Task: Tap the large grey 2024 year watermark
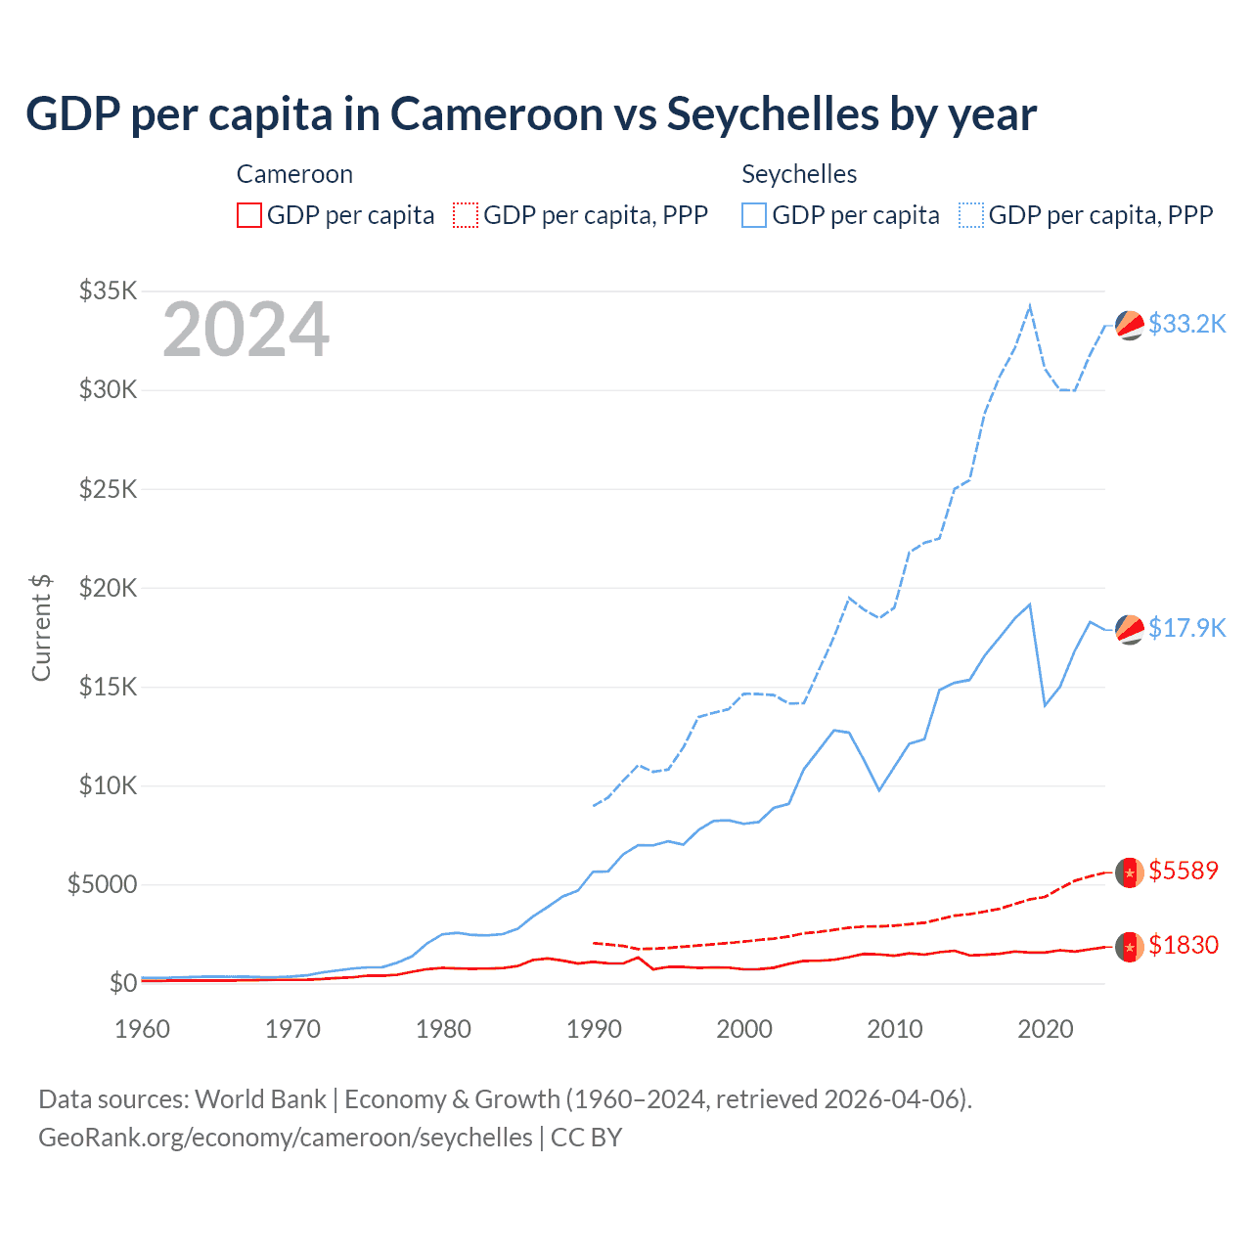(x=246, y=330)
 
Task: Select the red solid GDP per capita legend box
(x=249, y=215)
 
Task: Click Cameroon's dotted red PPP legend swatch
(x=466, y=215)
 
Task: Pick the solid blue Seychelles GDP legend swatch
(x=754, y=215)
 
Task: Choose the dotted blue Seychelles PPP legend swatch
(x=970, y=215)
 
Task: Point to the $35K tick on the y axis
(x=108, y=291)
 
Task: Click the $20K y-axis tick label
(x=108, y=588)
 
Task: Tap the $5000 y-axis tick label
(x=102, y=884)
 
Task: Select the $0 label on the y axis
(x=122, y=983)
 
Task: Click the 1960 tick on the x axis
(x=142, y=1029)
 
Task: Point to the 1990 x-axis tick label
(x=594, y=1029)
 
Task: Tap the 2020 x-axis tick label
(x=1046, y=1029)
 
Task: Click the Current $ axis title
(x=41, y=627)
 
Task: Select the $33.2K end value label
(x=1186, y=324)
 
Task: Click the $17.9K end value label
(x=1186, y=628)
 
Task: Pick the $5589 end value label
(x=1184, y=871)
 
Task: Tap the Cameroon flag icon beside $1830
(x=1130, y=947)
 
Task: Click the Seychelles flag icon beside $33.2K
(x=1130, y=325)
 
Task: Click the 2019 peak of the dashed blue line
(x=1030, y=306)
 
